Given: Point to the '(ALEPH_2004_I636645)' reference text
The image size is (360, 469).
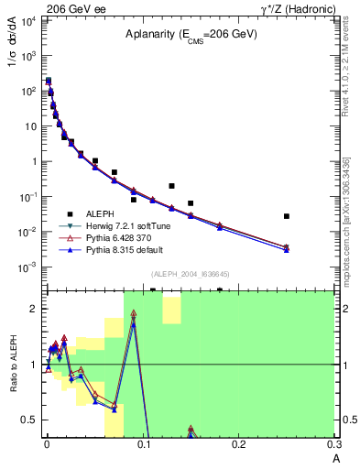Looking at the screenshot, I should [x=190, y=274].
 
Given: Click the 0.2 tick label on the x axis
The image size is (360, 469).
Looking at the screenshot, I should [x=239, y=445].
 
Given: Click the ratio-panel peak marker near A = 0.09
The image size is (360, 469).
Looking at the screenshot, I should [x=134, y=322].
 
